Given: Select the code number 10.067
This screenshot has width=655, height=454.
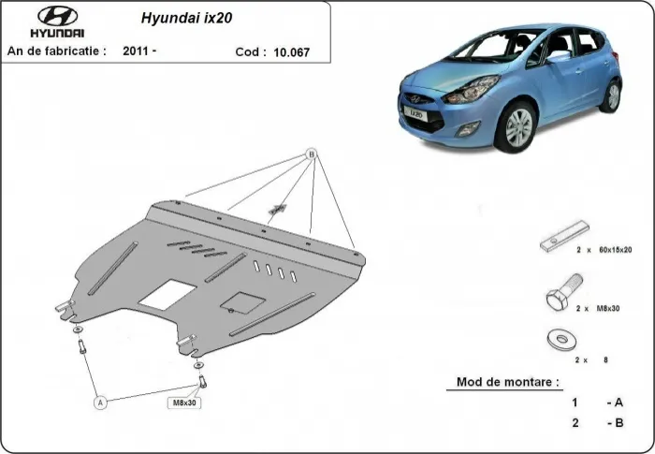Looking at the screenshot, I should [291, 53].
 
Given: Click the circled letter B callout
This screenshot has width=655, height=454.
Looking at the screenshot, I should [312, 154].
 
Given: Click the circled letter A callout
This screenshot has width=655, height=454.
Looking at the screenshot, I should [99, 402].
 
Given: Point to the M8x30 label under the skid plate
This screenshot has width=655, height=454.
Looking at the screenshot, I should [184, 403].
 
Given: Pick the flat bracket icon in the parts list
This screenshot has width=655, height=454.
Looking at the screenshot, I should [564, 235].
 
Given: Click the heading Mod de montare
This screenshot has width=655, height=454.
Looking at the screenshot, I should [508, 382].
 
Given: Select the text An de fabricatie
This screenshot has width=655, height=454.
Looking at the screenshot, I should [56, 51].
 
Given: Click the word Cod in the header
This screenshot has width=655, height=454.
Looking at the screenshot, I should [250, 53].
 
